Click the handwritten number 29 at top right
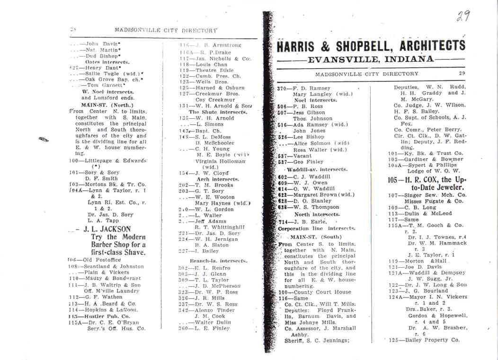pyautogui.click(x=463, y=17)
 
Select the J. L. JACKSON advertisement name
pyautogui.click(x=107, y=229)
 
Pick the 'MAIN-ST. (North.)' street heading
pyautogui.click(x=107, y=105)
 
